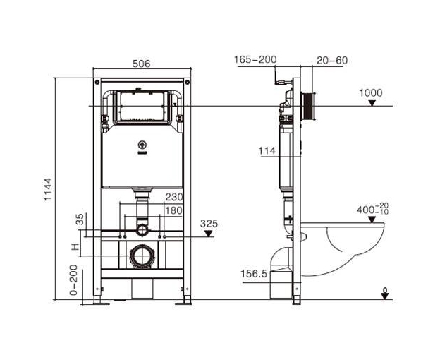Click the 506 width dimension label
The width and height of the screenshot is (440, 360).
point(142,64)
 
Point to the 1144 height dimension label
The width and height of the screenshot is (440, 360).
point(48,189)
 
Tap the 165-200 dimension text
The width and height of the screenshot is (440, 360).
point(255,59)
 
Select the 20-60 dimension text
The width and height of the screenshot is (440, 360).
point(332,60)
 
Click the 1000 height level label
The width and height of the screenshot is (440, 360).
point(371,93)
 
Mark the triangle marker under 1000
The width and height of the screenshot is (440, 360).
point(372,103)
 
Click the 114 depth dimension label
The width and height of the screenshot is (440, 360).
point(267,151)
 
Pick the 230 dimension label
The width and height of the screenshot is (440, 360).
point(174,197)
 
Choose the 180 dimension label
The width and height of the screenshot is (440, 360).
point(174,210)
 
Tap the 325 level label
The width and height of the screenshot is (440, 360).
point(209,224)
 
